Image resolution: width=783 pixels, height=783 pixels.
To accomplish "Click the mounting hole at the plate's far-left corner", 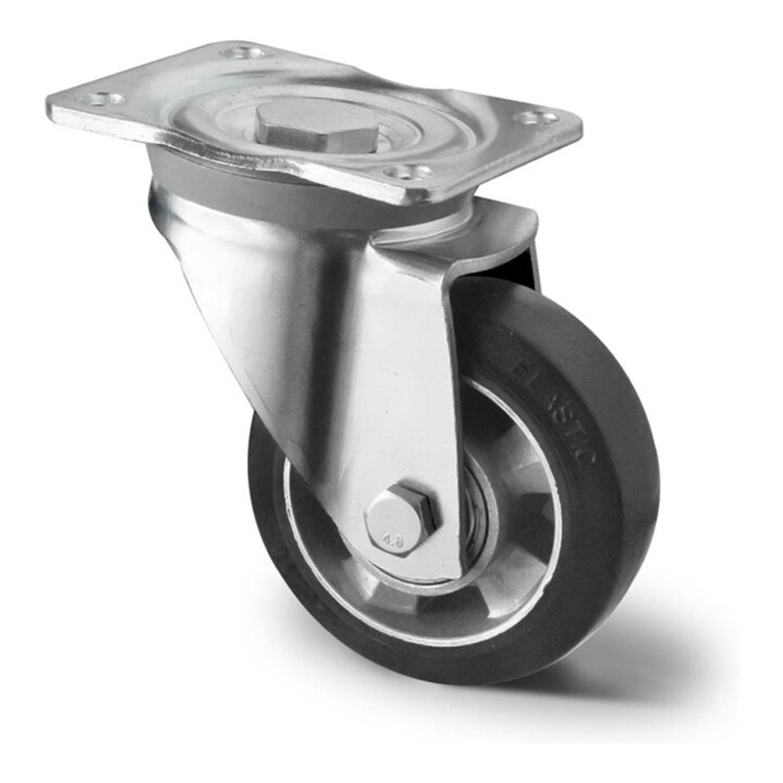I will click(x=101, y=99).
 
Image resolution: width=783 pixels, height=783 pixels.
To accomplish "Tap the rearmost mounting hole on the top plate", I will click(x=245, y=51).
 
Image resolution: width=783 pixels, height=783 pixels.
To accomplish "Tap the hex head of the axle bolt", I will click(x=402, y=521).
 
